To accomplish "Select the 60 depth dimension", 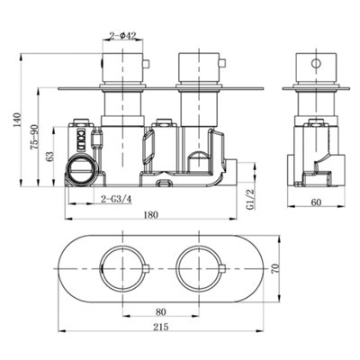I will (316, 202).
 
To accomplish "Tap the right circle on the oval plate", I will (199, 267).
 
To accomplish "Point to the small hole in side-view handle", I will (316, 66).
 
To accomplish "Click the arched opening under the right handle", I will (200, 162).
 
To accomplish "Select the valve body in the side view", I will (315, 153).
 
